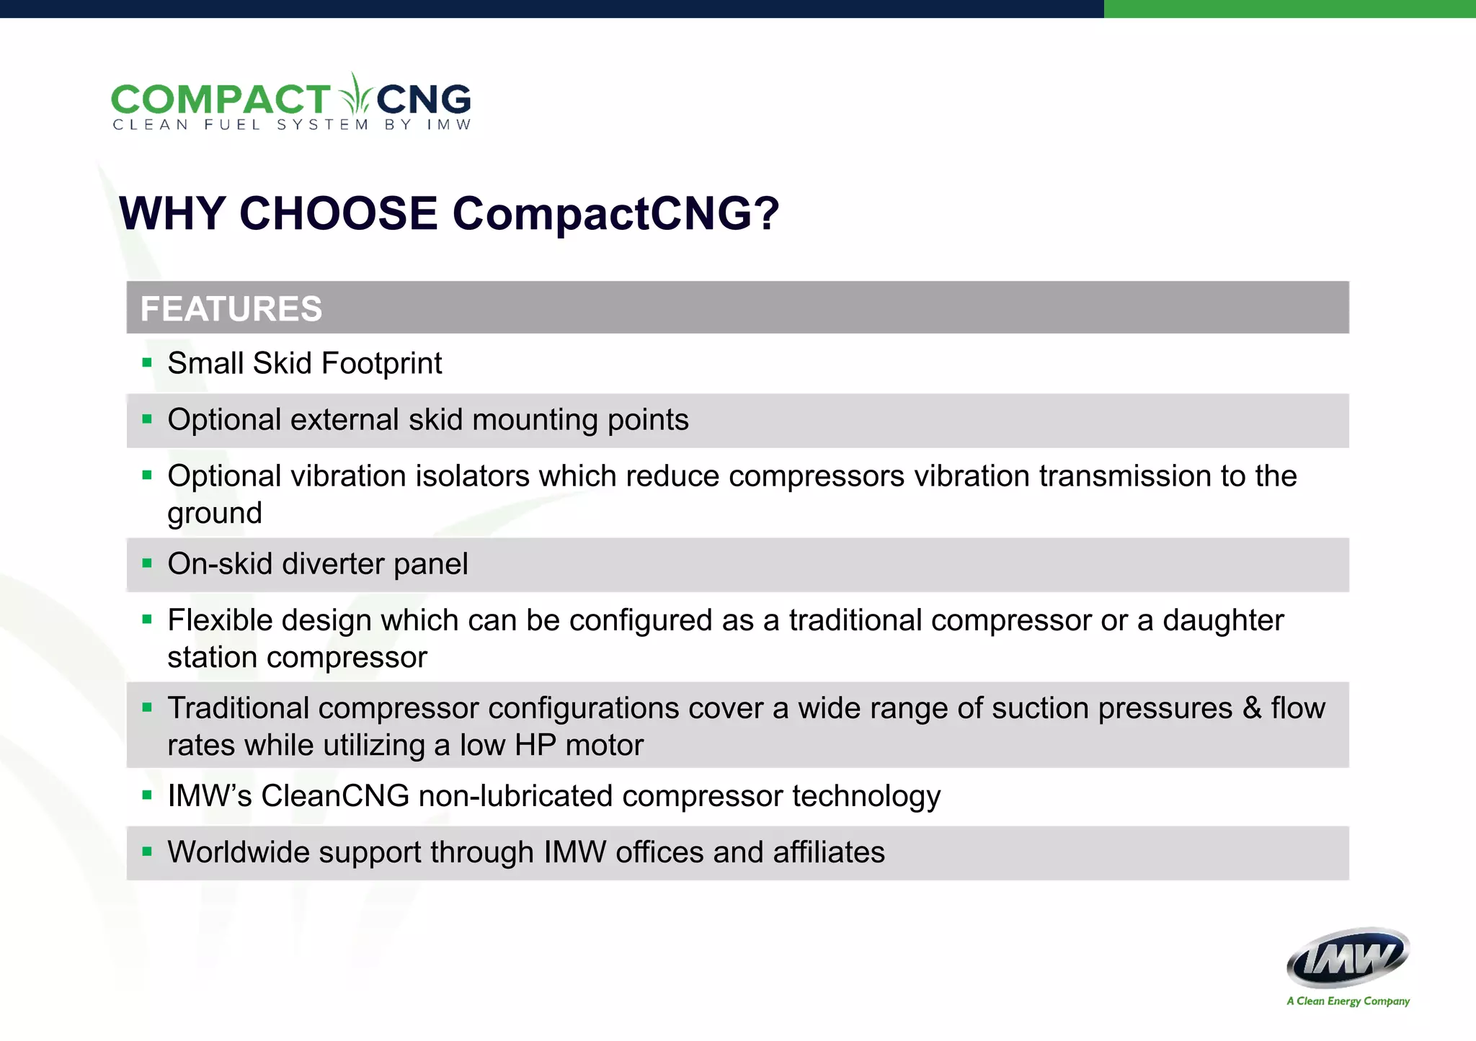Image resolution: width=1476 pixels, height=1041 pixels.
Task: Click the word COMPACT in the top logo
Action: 220,99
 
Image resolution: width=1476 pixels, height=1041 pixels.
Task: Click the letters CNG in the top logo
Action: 423,99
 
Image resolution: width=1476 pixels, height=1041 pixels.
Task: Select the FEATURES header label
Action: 231,308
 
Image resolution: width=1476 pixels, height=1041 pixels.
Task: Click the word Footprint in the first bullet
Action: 381,363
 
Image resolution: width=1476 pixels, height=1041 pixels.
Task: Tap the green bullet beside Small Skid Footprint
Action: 147,362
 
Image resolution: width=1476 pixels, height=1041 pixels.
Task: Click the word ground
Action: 215,514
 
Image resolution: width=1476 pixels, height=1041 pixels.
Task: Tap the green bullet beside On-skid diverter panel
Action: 147,563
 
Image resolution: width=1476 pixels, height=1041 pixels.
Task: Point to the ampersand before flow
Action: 1252,708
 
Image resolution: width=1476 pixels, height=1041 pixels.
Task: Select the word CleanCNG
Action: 335,796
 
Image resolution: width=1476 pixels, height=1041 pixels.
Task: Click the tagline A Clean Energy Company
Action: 1348,1001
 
